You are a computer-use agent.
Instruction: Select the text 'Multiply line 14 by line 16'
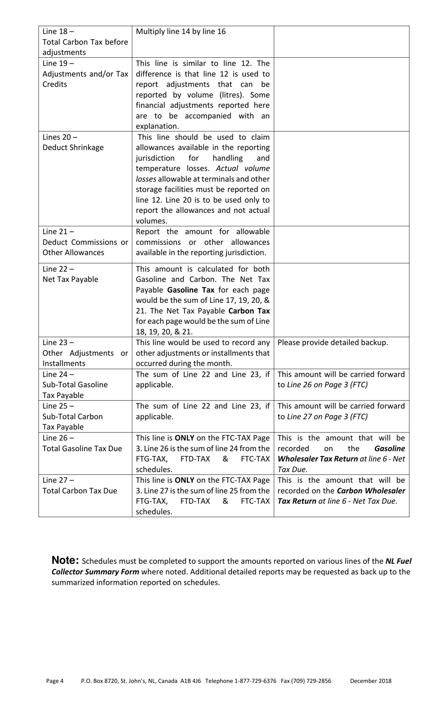pyautogui.click(x=181, y=31)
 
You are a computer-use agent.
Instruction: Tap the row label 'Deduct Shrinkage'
pyautogui.click(x=73, y=148)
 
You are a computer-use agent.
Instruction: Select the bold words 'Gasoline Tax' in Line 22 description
pyautogui.click(x=190, y=290)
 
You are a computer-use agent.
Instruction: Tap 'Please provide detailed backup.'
pyautogui.click(x=333, y=342)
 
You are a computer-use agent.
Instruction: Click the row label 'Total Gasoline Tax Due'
pyautogui.click(x=82, y=449)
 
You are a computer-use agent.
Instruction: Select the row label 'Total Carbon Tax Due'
pyautogui.click(x=80, y=491)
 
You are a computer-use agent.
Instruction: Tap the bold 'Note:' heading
pyautogui.click(x=65, y=560)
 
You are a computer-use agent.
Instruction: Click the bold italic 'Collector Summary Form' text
pyautogui.click(x=95, y=572)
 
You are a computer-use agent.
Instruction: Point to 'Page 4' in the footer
pyautogui.click(x=54, y=680)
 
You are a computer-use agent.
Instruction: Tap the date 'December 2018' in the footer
pyautogui.click(x=371, y=680)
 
